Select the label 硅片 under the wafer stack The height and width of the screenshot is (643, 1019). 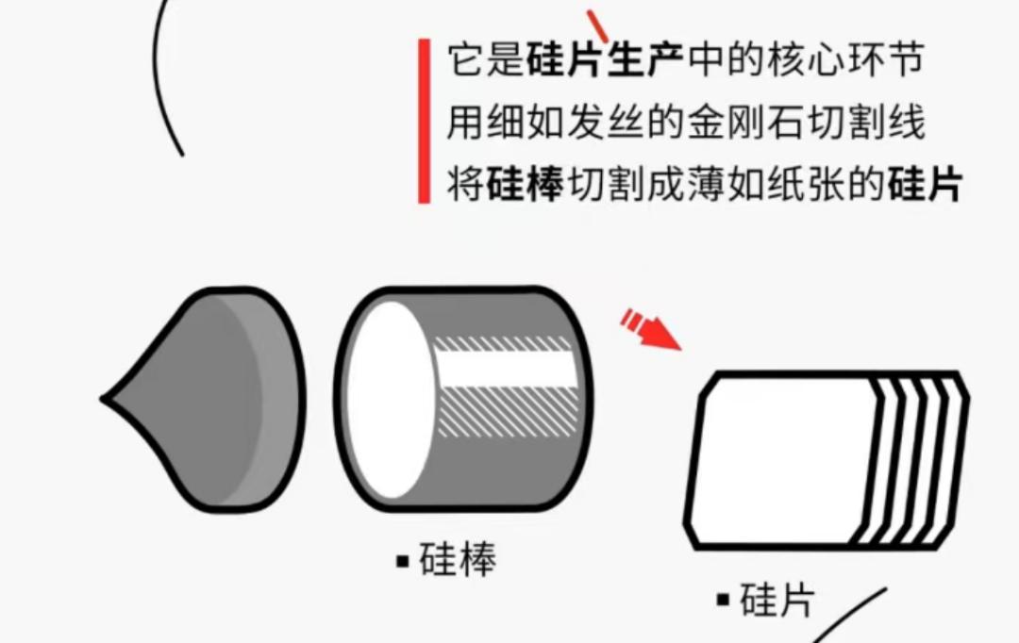pyautogui.click(x=776, y=600)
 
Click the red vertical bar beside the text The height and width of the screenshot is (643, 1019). pyautogui.click(x=424, y=121)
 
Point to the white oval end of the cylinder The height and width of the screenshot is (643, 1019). pyautogui.click(x=389, y=399)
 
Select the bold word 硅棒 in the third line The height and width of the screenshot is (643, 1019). pyautogui.click(x=526, y=186)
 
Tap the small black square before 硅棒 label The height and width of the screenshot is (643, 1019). pyautogui.click(x=403, y=562)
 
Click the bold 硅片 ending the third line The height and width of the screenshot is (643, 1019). pyautogui.click(x=924, y=186)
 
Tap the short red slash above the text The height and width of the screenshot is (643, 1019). pyautogui.click(x=597, y=25)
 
